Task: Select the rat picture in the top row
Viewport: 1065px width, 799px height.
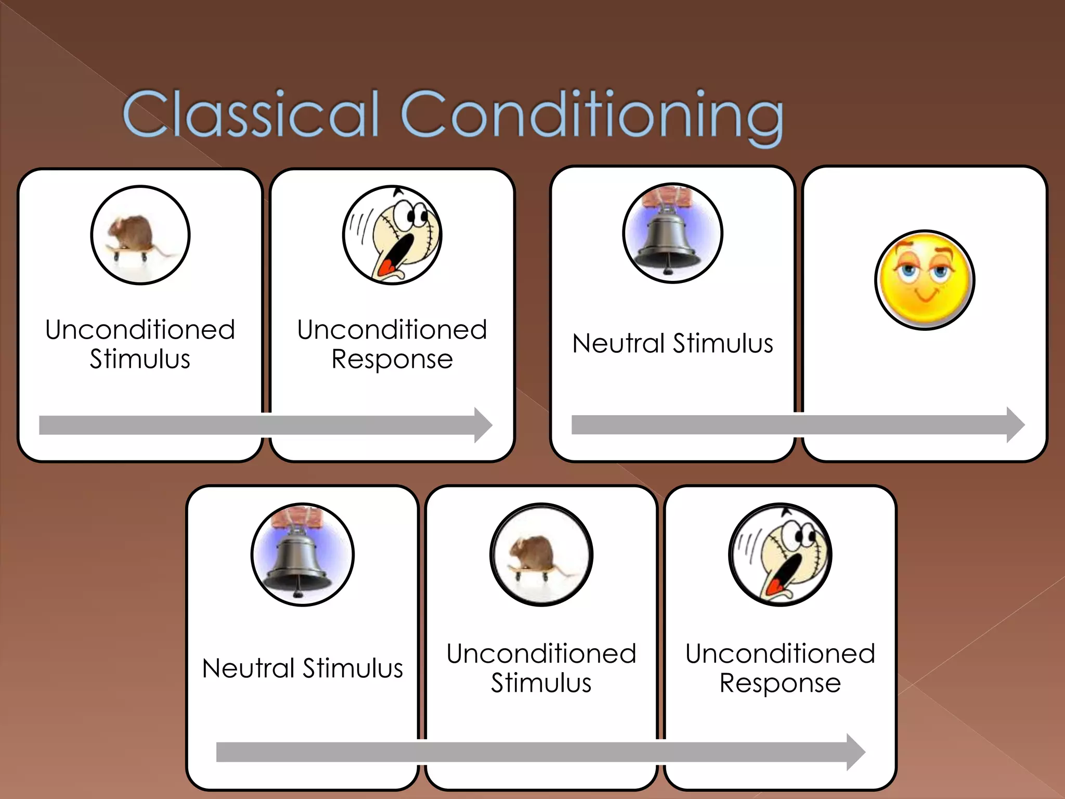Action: click(x=140, y=235)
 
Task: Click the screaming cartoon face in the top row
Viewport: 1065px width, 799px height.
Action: click(x=392, y=235)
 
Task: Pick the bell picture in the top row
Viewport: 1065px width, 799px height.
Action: click(x=672, y=233)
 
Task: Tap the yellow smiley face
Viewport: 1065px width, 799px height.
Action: click(x=925, y=280)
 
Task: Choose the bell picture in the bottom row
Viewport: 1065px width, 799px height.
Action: click(x=302, y=555)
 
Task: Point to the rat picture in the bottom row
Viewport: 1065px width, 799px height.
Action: click(x=541, y=555)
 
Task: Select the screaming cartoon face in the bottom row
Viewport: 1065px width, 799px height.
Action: click(x=780, y=555)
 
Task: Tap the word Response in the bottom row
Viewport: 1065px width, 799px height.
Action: click(x=780, y=684)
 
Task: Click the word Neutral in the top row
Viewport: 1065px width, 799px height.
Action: click(x=618, y=343)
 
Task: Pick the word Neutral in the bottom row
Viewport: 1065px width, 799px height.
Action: click(x=248, y=668)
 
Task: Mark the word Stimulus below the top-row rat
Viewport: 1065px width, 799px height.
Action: click(x=140, y=359)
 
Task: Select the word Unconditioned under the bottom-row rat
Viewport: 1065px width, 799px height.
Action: click(x=541, y=653)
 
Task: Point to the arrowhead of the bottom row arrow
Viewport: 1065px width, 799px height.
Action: click(x=855, y=752)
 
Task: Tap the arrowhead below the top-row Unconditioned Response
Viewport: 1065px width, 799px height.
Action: click(x=483, y=425)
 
